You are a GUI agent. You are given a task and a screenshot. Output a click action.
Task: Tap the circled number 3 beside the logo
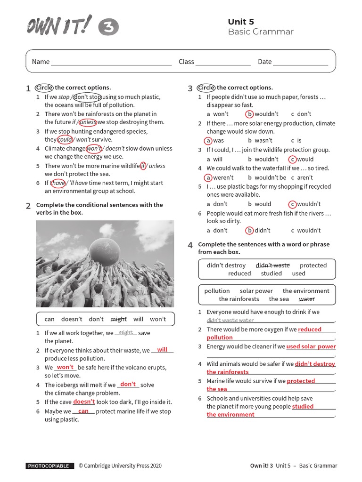pyautogui.click(x=108, y=28)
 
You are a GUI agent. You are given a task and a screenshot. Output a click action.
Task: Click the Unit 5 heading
pyautogui.click(x=241, y=22)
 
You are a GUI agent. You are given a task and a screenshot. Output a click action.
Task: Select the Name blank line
pyautogui.click(x=111, y=63)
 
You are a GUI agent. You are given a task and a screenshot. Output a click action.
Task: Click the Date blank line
pyautogui.click(x=300, y=63)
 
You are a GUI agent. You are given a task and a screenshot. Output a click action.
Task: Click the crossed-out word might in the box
pyautogui.click(x=118, y=319)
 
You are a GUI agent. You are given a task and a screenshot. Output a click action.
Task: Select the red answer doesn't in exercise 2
pyautogui.click(x=84, y=402)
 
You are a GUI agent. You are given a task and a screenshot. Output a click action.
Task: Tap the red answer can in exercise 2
pyautogui.click(x=83, y=411)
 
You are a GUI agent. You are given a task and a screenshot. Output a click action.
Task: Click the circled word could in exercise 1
pyautogui.click(x=65, y=140)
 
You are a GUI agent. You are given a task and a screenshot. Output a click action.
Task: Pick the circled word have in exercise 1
pyautogui.click(x=58, y=183)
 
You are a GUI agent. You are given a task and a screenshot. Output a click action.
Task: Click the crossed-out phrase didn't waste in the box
pyautogui.click(x=272, y=265)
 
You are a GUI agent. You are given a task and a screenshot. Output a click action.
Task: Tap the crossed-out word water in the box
pyautogui.click(x=306, y=299)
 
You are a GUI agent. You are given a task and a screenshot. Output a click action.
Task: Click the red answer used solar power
pyautogui.click(x=311, y=346)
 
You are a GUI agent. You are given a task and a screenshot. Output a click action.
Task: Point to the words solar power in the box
pyautogui.click(x=256, y=291)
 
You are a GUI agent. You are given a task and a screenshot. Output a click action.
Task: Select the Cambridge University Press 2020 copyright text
pyautogui.click(x=120, y=466)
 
